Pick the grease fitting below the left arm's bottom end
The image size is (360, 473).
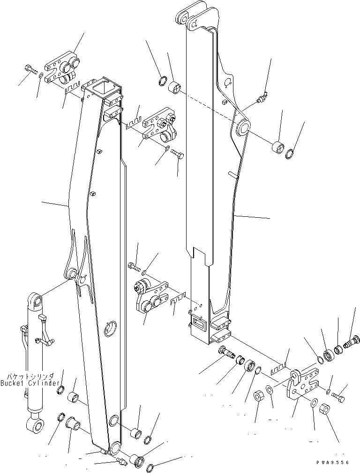121,462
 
